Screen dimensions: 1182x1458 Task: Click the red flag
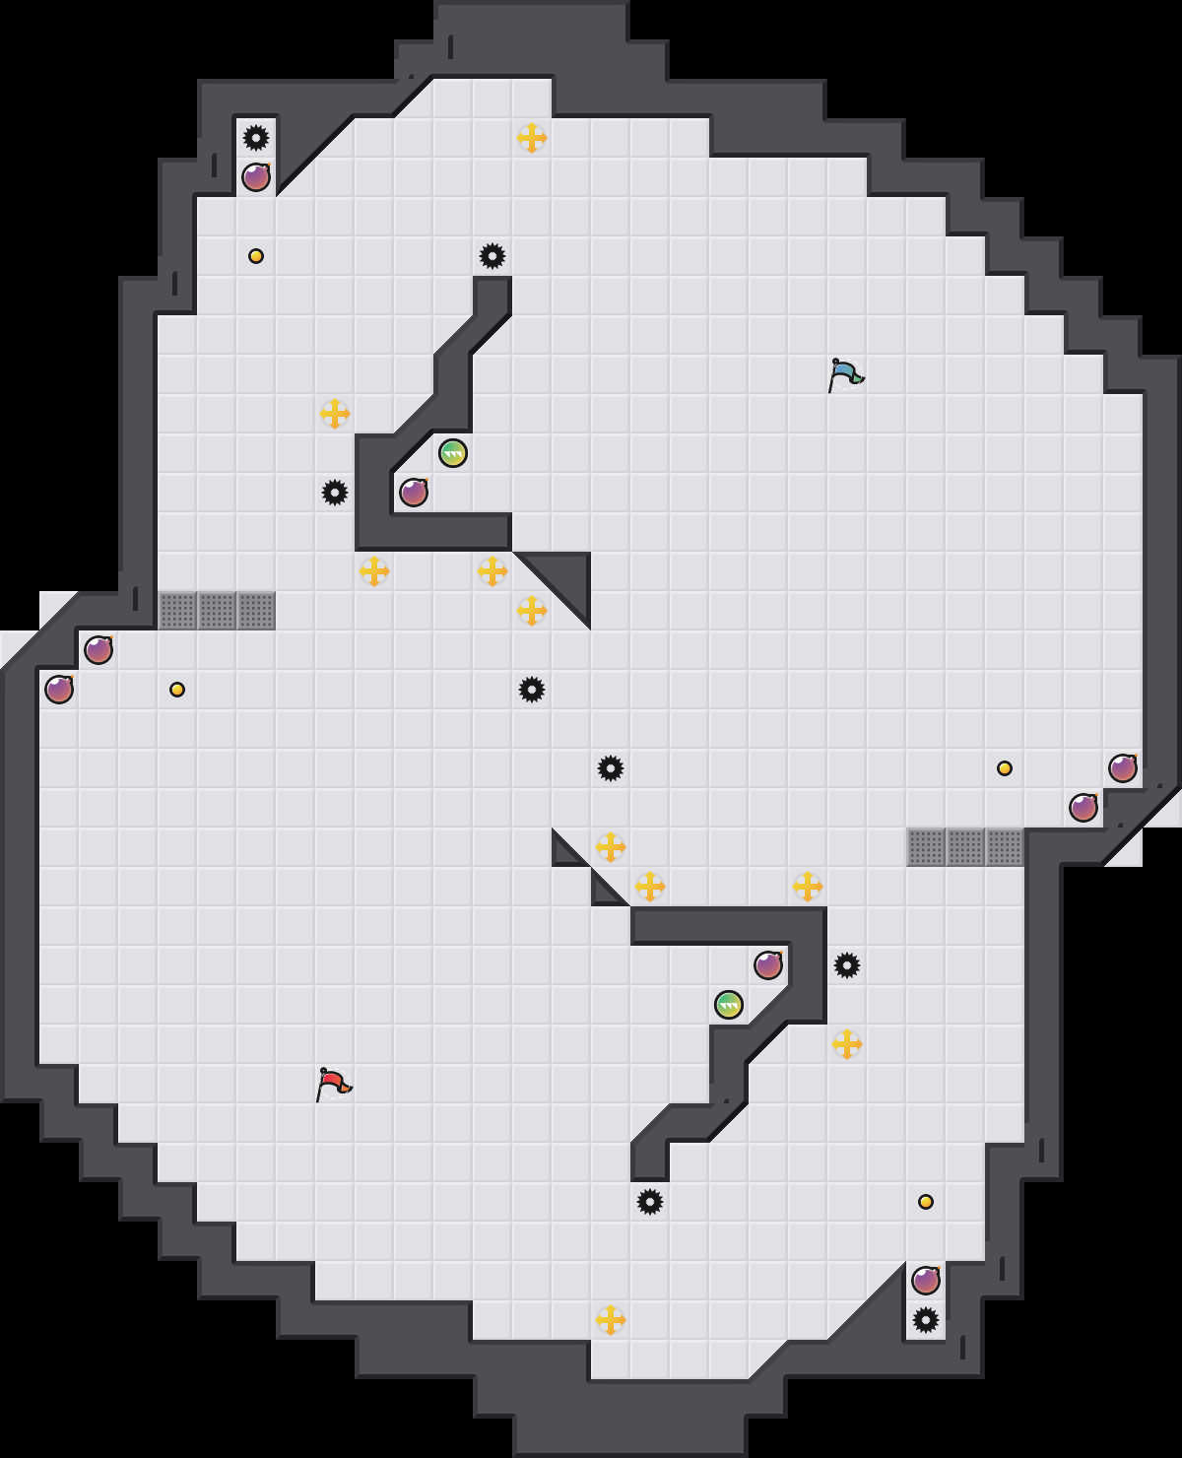333,1084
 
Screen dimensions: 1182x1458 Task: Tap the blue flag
845,374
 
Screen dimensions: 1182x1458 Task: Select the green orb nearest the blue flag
453,453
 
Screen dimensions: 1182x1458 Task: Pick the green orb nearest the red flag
729,1005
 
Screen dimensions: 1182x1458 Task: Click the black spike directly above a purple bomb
256,138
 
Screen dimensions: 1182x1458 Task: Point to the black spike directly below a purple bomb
926,1320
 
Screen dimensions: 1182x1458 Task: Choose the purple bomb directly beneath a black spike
256,177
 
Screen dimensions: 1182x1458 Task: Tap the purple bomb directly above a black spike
926,1281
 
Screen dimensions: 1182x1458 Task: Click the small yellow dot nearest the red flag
177,690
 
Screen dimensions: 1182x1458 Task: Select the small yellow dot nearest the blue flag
1005,768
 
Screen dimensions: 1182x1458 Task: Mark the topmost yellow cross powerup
532,138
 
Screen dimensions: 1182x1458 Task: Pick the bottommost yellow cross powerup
611,1320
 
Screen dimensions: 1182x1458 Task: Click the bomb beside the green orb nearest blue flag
414,493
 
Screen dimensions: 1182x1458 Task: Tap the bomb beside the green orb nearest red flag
768,965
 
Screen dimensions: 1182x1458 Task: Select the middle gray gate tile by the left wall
217,611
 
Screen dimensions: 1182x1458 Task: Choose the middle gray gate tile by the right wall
965,847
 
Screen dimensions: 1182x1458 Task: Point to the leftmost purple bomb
59,690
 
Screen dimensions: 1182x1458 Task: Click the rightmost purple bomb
1123,768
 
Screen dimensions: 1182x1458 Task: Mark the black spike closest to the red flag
650,1202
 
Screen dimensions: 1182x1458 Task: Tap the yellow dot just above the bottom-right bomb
926,1202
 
